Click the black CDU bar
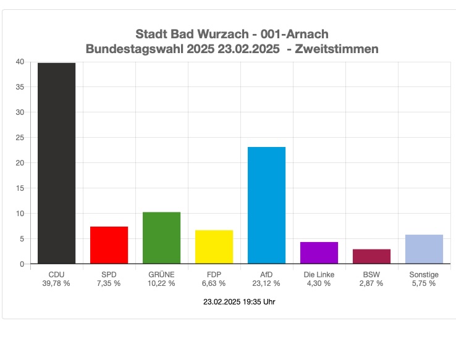coord(56,163)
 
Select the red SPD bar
coord(109,245)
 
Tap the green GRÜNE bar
coord(161,238)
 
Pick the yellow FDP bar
coord(214,247)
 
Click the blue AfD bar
coord(266,205)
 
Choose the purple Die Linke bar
coord(319,253)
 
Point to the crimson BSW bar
coord(371,256)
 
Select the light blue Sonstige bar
coord(424,249)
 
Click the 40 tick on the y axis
coord(20,62)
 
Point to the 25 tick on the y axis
coord(20,138)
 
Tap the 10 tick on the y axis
coord(20,214)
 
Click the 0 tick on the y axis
coord(22,264)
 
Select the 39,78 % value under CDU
coord(56,283)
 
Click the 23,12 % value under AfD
coord(266,283)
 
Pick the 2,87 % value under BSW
coord(371,283)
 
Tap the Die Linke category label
coord(319,274)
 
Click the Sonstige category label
coord(424,274)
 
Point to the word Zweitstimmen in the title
coord(337,48)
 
